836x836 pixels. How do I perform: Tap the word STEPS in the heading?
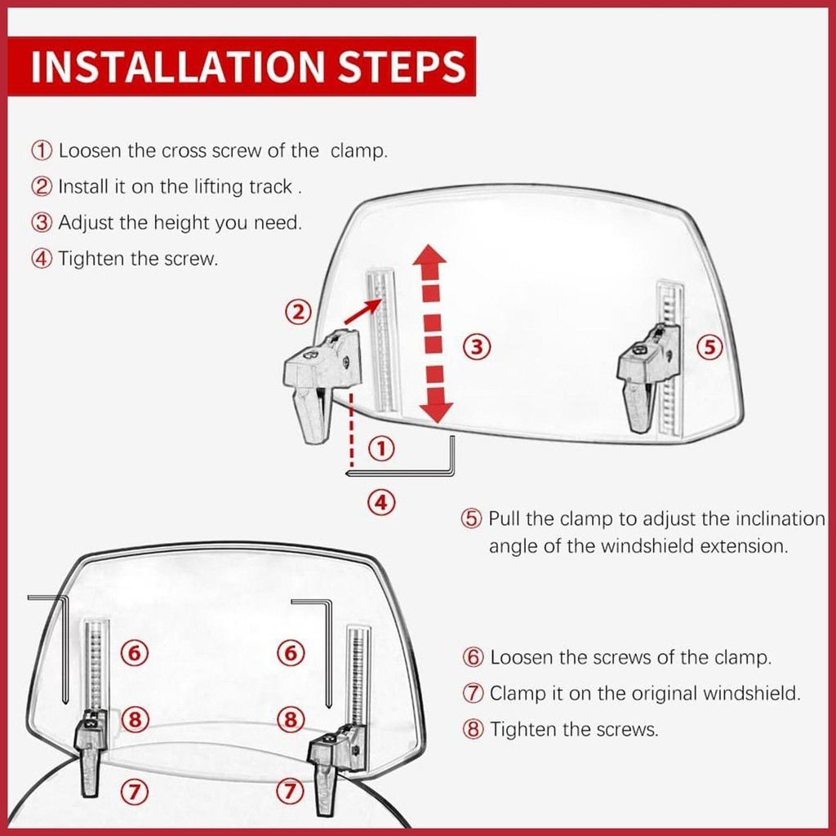(402, 67)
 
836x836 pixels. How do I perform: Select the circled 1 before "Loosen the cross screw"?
(42, 150)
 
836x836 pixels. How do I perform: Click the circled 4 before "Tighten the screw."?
(42, 259)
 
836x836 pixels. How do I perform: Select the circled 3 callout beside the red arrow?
(476, 346)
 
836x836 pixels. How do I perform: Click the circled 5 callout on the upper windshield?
(709, 346)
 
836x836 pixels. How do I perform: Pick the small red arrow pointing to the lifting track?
(362, 311)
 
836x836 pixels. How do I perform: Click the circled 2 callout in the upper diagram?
(297, 311)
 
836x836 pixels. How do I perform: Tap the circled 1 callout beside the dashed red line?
(381, 449)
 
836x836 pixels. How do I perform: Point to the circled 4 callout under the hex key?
(381, 502)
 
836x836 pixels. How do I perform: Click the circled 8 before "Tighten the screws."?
(473, 729)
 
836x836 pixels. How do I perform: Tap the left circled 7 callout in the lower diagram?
(134, 792)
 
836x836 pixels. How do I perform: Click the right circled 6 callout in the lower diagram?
(291, 652)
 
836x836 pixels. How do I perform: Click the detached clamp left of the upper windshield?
(320, 383)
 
